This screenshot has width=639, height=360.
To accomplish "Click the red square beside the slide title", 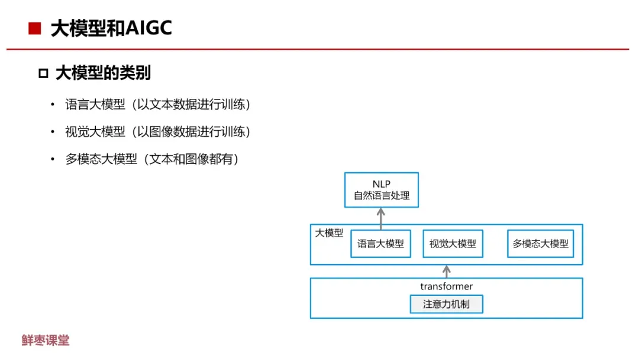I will (35, 28).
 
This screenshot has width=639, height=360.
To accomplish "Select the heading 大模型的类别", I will (103, 73).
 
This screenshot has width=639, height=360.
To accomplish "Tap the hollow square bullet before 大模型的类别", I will (43, 73).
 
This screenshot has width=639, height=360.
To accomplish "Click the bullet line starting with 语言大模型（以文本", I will (158, 105).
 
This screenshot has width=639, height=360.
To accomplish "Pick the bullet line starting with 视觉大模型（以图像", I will (158, 132).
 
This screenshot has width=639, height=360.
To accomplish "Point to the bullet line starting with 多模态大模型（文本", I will (152, 159).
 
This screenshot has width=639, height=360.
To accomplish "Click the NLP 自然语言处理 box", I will (381, 189).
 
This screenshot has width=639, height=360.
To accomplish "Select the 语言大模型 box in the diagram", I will (380, 243).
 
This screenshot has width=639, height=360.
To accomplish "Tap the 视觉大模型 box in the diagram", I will (453, 243).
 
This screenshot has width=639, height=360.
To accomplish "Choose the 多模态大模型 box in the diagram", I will (540, 243).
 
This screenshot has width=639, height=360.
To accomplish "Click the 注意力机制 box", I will (446, 304).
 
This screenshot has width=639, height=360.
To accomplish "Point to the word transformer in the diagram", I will (446, 287).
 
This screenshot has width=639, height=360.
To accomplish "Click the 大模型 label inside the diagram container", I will (329, 233).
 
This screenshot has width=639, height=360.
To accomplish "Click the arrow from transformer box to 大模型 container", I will (447, 271).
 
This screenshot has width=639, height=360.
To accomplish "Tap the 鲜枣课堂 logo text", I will (46, 340).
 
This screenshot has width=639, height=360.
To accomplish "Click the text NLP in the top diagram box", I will (381, 184).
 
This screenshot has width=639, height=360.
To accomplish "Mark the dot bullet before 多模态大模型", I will (52, 160).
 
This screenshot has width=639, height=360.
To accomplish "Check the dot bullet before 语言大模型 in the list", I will (52, 105).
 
